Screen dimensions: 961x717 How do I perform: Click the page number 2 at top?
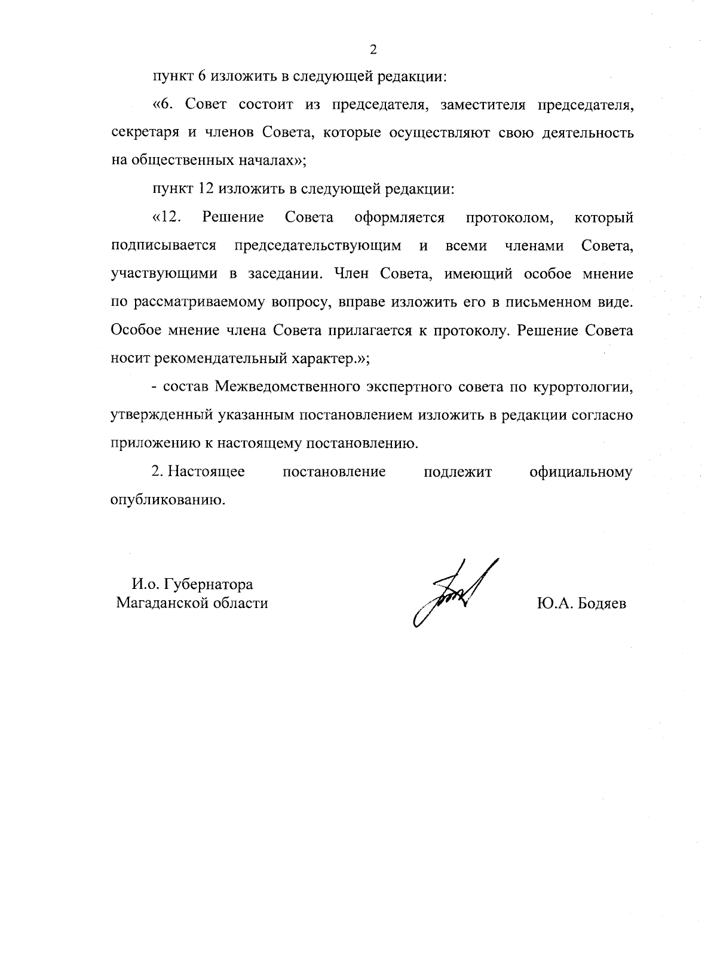pos(373,50)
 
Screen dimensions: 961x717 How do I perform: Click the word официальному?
pos(581,472)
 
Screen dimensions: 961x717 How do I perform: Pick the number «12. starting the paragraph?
pos(167,217)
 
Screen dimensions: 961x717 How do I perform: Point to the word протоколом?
pos(509,217)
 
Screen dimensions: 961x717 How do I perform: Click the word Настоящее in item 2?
pos(206,472)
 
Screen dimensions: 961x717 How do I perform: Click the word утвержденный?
pos(154,415)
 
